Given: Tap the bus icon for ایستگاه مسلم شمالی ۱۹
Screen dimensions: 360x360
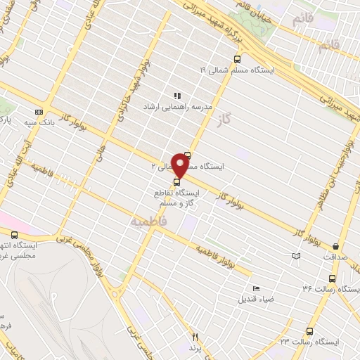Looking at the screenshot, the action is coord(237,60).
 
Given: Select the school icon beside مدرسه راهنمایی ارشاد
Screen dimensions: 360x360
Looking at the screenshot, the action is coord(178,96).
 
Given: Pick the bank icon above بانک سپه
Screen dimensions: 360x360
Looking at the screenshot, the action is coord(39,111).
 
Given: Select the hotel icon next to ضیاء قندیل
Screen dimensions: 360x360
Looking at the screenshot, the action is coord(256,288).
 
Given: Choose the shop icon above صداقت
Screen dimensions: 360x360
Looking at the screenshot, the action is coord(337,246).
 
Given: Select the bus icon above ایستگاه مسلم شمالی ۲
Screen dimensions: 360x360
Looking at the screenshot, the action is coord(187,155).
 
